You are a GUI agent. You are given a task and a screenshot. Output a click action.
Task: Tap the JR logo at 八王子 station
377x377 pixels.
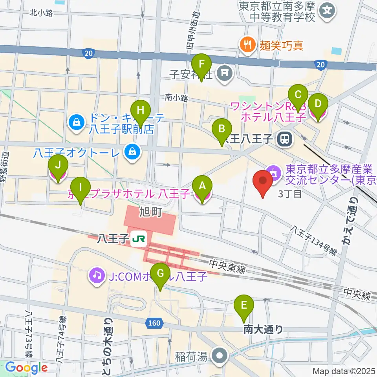[x=139, y=238]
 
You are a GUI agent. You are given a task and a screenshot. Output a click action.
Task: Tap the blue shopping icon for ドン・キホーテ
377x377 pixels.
[x=75, y=122]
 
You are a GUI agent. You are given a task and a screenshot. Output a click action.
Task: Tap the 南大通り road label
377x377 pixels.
[x=263, y=329]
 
